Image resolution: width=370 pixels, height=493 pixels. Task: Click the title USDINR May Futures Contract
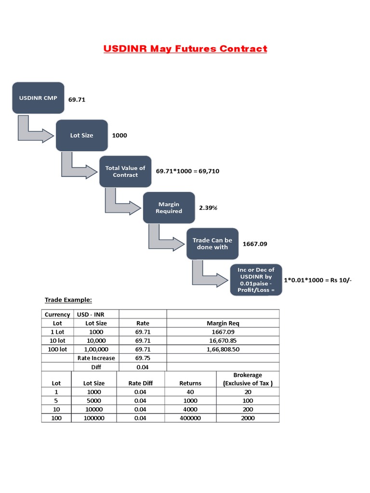tap(185, 49)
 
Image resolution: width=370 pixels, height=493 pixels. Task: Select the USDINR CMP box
tap(38, 98)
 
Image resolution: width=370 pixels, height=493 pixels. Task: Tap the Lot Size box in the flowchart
tap(82, 135)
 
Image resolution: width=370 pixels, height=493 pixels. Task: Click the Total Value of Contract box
tap(125, 171)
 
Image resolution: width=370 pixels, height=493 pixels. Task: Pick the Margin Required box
tap(169, 208)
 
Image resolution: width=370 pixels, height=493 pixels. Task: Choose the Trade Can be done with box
tap(212, 244)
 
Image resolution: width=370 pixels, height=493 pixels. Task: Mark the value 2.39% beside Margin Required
tap(208, 208)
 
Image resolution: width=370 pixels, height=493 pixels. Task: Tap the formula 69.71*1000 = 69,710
tap(188, 171)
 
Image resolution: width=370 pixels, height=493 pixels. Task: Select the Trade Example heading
tap(68, 300)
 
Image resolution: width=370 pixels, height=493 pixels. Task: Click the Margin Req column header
tap(223, 323)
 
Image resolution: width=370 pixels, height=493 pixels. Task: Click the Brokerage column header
tap(248, 379)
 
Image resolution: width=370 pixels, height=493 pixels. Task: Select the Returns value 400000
tap(190, 418)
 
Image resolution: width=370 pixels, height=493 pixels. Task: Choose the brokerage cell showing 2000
tap(248, 418)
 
